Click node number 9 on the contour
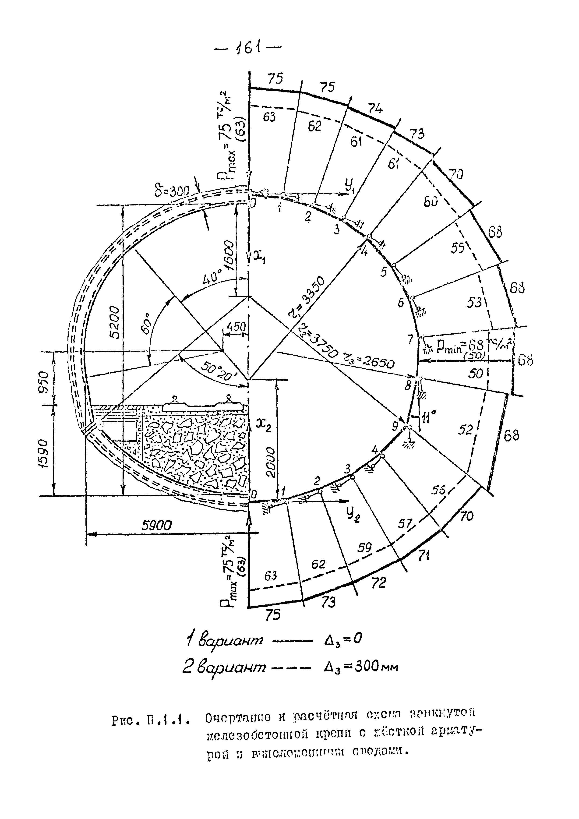pyautogui.click(x=395, y=425)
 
